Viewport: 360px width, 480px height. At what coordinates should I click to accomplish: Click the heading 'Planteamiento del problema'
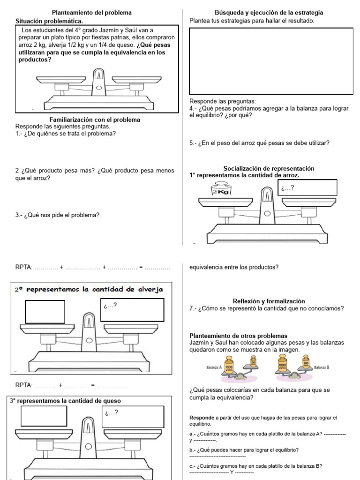[x=91, y=13]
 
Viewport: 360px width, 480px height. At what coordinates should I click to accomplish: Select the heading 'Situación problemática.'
[x=49, y=21]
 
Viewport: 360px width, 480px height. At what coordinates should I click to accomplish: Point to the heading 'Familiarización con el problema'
[x=95, y=120]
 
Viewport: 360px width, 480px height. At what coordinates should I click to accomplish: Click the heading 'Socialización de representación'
[x=269, y=168]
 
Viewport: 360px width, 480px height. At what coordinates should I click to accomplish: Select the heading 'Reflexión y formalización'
[x=269, y=301]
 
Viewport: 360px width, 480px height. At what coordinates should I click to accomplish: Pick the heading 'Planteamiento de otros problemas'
[x=238, y=336]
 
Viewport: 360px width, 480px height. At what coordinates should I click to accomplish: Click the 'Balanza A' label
[x=214, y=367]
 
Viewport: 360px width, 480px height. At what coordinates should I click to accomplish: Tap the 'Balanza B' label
[x=322, y=367]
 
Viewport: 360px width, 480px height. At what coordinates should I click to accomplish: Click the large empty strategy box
[x=271, y=61]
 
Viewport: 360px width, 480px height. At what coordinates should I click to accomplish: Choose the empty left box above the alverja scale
[x=45, y=312]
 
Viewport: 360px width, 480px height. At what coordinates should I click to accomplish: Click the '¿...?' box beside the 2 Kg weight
[x=307, y=187]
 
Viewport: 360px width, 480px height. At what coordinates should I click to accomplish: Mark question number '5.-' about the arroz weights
[x=193, y=143]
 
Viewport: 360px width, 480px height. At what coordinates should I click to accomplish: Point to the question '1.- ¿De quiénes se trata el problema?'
[x=66, y=133]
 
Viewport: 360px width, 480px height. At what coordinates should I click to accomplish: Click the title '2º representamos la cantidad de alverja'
[x=89, y=290]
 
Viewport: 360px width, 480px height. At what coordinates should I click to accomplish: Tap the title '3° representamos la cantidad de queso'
[x=65, y=401]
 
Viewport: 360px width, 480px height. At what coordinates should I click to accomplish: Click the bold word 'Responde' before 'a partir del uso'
[x=201, y=417]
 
